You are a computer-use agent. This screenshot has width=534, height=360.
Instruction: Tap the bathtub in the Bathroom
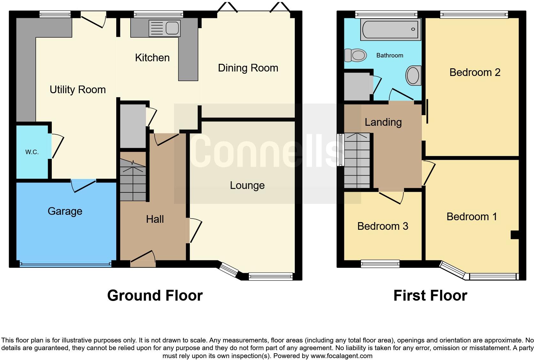point(391,29)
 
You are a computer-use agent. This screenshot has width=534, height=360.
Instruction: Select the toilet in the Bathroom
point(355,55)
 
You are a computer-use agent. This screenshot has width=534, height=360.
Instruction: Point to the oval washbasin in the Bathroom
point(413,76)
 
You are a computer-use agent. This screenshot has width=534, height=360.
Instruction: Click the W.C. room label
point(32,152)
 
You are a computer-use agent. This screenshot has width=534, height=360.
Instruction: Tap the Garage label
point(65,211)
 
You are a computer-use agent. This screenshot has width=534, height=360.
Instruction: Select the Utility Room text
point(78,90)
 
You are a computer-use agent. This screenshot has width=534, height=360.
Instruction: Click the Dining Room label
point(248,68)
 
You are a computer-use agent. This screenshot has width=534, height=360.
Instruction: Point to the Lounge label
point(247,185)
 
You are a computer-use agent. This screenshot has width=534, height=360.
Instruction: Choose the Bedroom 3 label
point(383,226)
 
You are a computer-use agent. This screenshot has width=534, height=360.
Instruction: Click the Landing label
point(383,122)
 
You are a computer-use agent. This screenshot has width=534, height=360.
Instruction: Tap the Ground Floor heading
point(155,296)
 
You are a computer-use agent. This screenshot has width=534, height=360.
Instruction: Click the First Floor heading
point(430,296)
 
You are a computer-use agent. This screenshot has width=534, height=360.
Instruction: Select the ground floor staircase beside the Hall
point(133,180)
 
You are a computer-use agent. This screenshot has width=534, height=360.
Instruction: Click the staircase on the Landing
point(357,161)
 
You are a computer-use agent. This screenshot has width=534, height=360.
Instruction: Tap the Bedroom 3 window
point(380,264)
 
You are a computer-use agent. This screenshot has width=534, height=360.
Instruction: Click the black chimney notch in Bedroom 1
point(514,235)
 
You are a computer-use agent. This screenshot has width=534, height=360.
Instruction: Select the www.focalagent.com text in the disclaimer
point(341,356)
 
